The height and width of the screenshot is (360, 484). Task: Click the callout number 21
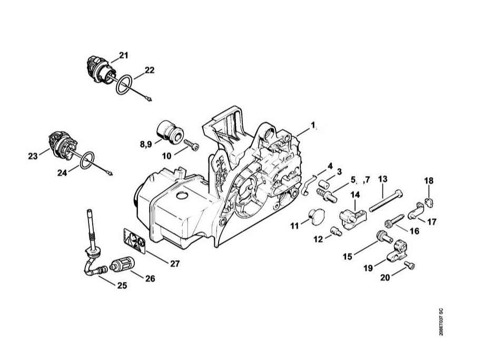click(123, 55)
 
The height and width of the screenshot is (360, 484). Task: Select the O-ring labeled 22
click(124, 85)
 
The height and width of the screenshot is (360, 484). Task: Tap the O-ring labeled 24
click(87, 160)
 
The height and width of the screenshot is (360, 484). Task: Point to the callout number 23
click(33, 157)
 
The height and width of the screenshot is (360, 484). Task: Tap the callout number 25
click(122, 285)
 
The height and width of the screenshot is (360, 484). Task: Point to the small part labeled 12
click(335, 231)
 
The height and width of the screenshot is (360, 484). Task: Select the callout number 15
click(348, 257)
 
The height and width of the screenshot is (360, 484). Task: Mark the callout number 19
click(368, 268)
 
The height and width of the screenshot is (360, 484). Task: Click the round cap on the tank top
click(182, 196)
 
